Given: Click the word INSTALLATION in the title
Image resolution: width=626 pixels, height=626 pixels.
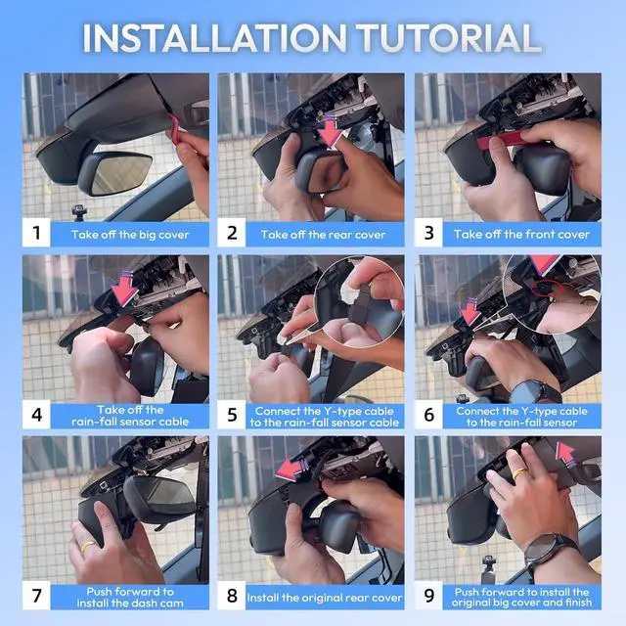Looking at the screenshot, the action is (x=214, y=38).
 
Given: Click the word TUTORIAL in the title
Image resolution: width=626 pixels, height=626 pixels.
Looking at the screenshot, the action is (x=448, y=38).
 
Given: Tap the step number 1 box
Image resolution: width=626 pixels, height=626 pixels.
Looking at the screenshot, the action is (x=36, y=233).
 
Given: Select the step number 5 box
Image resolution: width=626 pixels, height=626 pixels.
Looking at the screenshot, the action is (x=232, y=415).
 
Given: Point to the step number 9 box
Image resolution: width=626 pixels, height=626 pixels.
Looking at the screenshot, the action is (x=428, y=596).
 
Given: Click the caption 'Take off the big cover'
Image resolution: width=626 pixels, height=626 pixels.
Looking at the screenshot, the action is (x=130, y=235).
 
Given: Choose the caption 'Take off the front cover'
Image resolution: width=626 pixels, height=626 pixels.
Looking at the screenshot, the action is (x=521, y=235).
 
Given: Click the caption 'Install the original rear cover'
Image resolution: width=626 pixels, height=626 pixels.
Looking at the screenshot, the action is (x=324, y=598).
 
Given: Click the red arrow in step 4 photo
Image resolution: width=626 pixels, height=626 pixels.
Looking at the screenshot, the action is (x=124, y=289).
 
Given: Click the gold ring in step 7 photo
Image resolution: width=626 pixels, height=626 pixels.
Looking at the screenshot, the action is (x=88, y=546).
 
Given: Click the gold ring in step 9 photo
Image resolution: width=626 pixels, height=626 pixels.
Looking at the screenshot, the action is (x=520, y=473).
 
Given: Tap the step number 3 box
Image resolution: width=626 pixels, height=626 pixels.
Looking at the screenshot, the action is (x=428, y=233).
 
